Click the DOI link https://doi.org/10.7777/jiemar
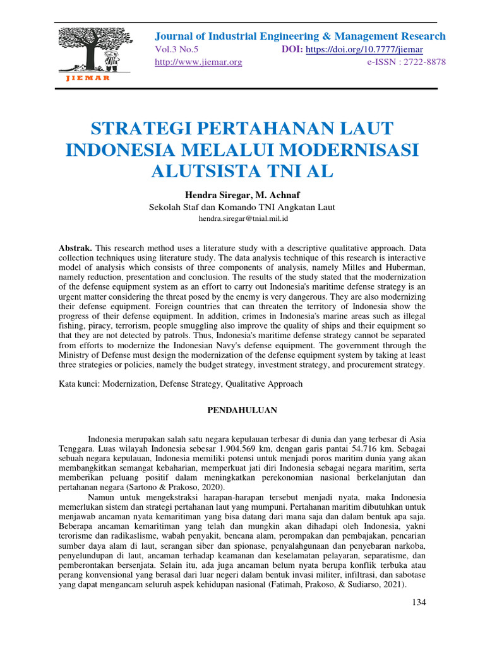[364, 50]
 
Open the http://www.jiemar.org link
[198, 62]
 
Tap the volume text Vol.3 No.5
[177, 50]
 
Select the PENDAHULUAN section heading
[242, 410]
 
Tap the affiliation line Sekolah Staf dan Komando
[242, 206]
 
